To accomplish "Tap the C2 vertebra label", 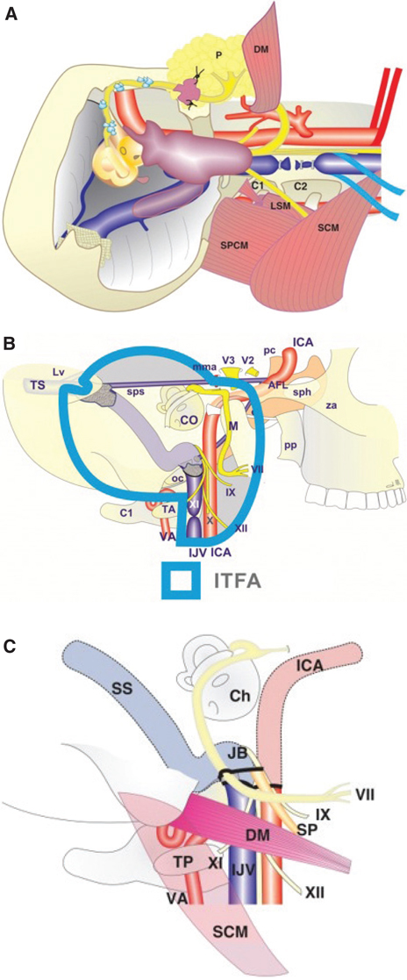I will pyautogui.click(x=298, y=236).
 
